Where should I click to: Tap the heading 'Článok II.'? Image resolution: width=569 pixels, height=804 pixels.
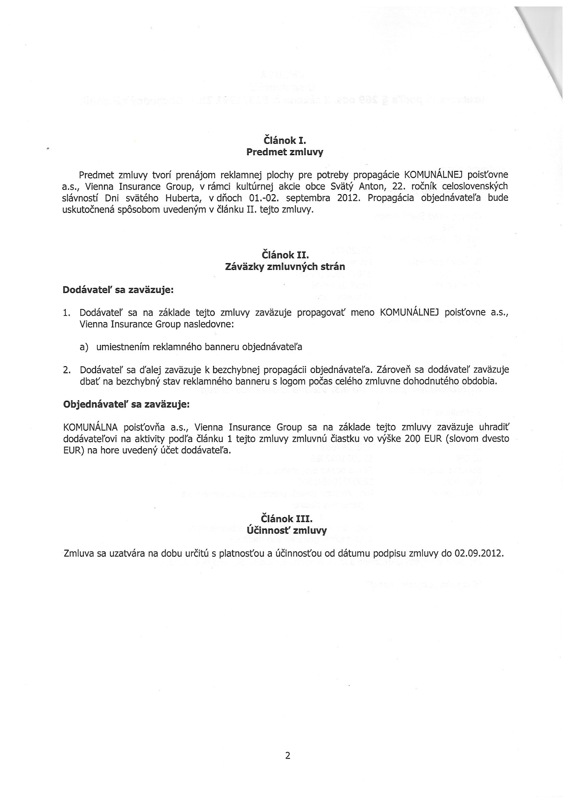[x=284, y=255]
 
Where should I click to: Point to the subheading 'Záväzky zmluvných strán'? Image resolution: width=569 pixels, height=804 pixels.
[x=284, y=267]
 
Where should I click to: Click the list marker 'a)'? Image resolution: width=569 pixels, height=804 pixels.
[x=84, y=347]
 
